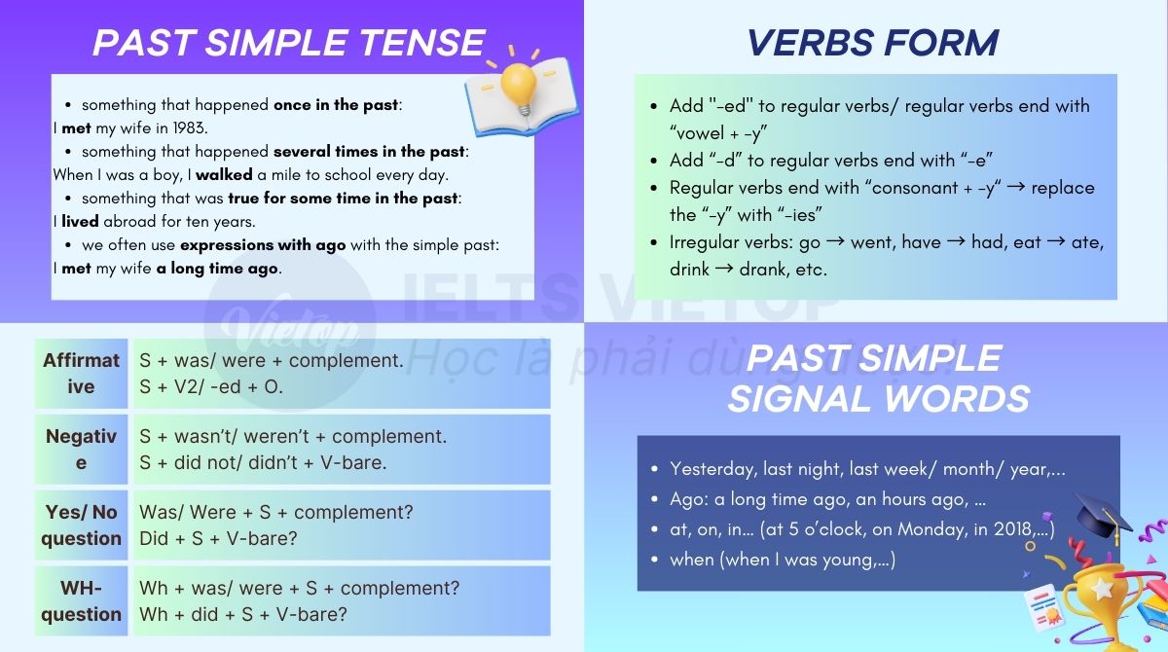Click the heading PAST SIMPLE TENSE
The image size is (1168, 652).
pyautogui.click(x=288, y=43)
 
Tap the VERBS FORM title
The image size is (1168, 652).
pyautogui.click(x=872, y=43)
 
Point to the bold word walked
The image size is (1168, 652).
pyautogui.click(x=224, y=175)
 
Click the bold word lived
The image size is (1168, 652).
pyautogui.click(x=81, y=222)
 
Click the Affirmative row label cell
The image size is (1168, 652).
pyautogui.click(x=81, y=374)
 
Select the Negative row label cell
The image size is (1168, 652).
pyautogui.click(x=81, y=450)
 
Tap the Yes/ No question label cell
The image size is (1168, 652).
pyautogui.click(x=81, y=525)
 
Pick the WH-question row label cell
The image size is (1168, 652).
pyautogui.click(x=81, y=601)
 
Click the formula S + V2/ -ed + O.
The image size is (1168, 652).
pyautogui.click(x=211, y=387)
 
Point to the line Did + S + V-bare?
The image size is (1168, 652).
pyautogui.click(x=218, y=538)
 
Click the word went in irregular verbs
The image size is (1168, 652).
pyautogui.click(x=871, y=242)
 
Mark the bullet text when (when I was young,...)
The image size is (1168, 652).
pyautogui.click(x=783, y=560)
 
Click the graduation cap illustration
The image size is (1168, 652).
pyautogui.click(x=1102, y=516)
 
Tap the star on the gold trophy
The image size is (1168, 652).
pyautogui.click(x=1102, y=589)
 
